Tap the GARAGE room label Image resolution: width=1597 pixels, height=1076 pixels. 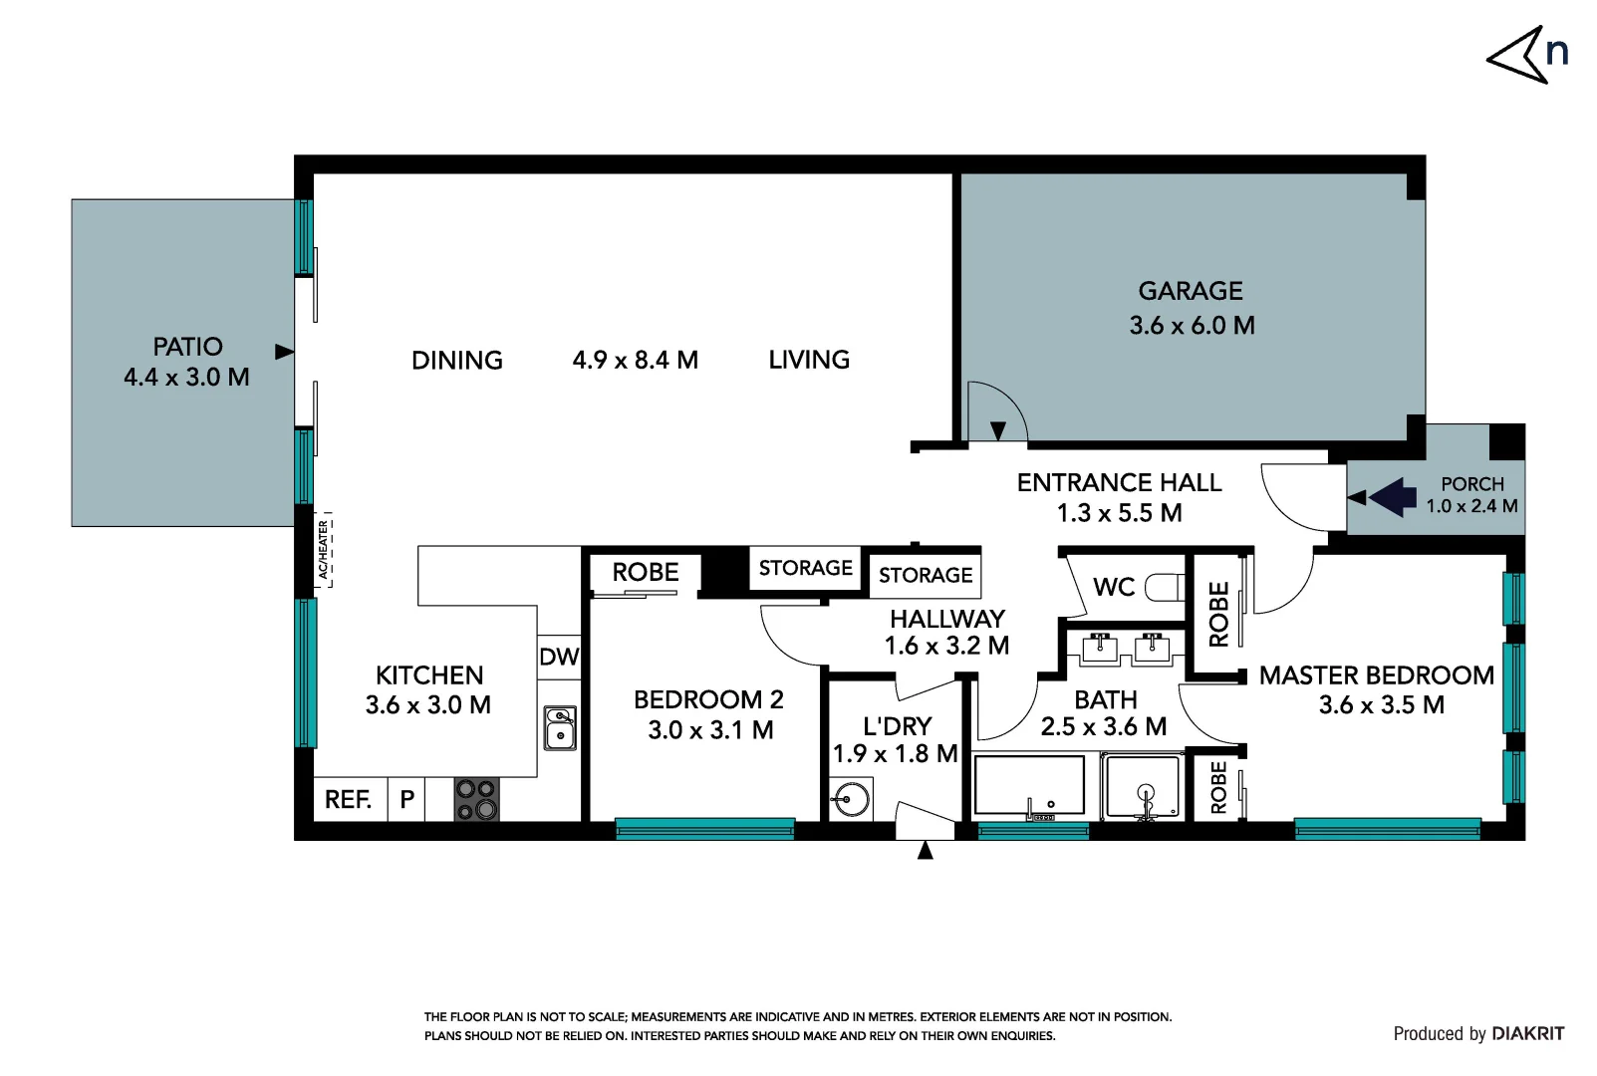pos(1191,291)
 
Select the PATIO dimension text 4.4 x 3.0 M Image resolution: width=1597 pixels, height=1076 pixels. pos(186,378)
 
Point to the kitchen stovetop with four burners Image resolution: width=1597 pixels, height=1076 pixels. pos(476,800)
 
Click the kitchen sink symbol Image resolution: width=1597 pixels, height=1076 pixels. pos(560,728)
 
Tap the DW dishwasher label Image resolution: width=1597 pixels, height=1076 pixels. pos(559,657)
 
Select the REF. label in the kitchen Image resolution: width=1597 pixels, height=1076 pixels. pos(348,799)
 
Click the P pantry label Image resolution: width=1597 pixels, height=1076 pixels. pos(406,799)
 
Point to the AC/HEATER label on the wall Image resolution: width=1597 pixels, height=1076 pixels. pos(324,549)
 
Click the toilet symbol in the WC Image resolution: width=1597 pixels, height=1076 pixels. pos(1164,587)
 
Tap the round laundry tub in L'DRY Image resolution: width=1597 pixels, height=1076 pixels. pos(852,799)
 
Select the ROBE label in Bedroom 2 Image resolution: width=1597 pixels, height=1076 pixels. pos(646,573)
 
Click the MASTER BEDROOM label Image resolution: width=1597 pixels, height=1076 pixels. pos(1376,675)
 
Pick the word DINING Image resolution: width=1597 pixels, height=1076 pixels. pos(457,361)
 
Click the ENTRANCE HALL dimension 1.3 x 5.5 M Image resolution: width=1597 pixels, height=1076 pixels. pos(1119,513)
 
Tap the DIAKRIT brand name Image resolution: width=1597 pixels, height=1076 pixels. pos(1528,1033)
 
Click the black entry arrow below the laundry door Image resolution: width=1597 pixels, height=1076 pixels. pos(925,850)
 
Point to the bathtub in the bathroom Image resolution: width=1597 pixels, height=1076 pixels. pos(1028,786)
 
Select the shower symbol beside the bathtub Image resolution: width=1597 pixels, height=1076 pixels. pos(1145,788)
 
